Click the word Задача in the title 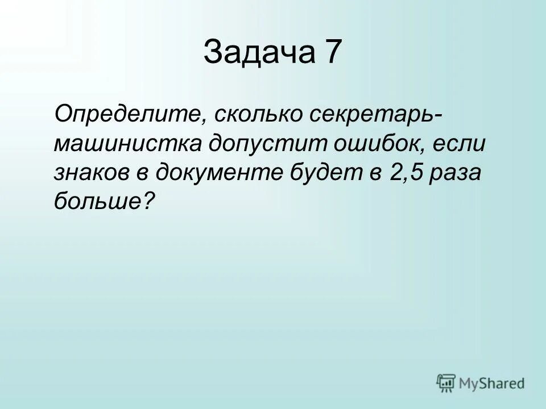(259, 53)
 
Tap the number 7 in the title (333, 53)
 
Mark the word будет (326, 171)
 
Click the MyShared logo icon (446, 382)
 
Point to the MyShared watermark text (493, 383)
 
